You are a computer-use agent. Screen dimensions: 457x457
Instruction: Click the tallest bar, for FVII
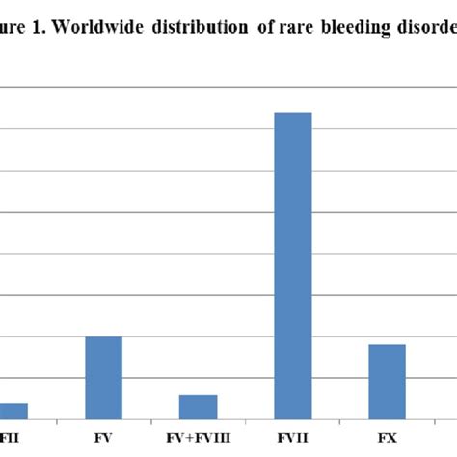point(293,265)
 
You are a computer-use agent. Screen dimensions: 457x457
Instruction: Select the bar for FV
point(104,377)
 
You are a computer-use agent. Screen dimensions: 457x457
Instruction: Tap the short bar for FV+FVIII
point(199,407)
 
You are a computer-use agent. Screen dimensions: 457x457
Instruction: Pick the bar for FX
point(388,381)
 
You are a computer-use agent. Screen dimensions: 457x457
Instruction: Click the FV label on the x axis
point(104,439)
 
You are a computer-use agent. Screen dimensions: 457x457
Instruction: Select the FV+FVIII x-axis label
point(199,439)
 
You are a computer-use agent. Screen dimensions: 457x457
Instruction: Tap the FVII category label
point(293,439)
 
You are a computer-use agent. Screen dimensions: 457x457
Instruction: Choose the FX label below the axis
point(387,439)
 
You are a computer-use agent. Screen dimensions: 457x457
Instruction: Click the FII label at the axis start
point(10,439)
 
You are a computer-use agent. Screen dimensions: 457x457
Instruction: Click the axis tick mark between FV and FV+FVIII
point(151,422)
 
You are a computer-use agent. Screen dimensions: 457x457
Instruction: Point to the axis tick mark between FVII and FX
point(340,422)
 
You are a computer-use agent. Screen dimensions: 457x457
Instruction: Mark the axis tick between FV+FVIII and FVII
point(246,422)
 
